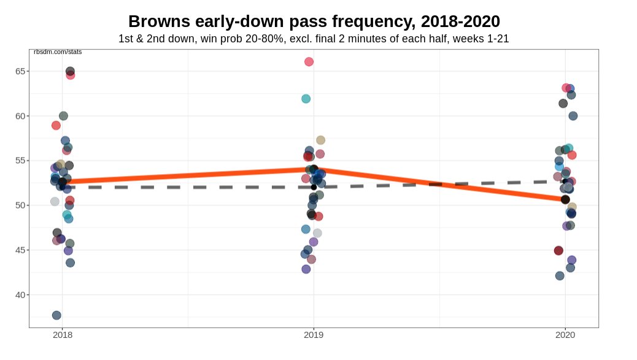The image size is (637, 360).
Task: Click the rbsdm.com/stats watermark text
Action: [x=58, y=52]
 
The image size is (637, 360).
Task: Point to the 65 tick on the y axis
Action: [x=21, y=71]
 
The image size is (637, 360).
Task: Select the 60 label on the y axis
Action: [x=21, y=116]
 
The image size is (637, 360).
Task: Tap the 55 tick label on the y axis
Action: [x=21, y=161]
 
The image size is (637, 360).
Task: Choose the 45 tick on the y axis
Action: [x=21, y=250]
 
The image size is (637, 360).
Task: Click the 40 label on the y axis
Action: [x=21, y=295]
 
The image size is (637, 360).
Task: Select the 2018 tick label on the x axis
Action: [x=63, y=335]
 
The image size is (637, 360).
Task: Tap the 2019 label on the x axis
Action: [x=314, y=335]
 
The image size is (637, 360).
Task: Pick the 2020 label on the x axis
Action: [x=565, y=335]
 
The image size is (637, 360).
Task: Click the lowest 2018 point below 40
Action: [x=56, y=315]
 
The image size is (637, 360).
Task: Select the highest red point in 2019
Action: [x=309, y=62]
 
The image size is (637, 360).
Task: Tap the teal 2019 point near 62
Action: [x=306, y=99]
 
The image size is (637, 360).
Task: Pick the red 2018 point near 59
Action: [x=56, y=125]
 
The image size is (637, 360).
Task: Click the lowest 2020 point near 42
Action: [x=560, y=276]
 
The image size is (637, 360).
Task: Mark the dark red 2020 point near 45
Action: [x=558, y=251]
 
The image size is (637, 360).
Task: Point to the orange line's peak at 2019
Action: [x=314, y=169]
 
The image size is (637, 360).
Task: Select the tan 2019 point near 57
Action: [x=320, y=140]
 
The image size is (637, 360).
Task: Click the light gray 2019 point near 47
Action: [x=317, y=233]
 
